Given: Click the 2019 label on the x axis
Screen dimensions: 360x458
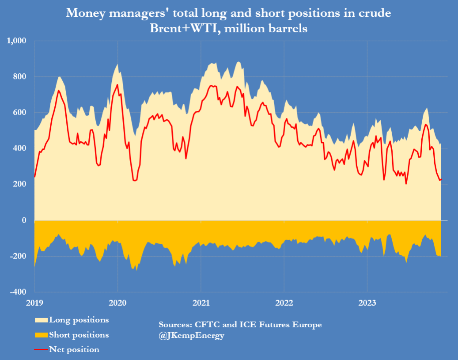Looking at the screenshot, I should pos(34,303).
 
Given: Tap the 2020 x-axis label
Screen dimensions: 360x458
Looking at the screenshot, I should pos(117,303).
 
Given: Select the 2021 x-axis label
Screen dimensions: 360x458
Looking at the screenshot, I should pos(201,303).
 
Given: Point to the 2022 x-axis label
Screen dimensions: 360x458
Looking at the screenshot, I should pos(284,303).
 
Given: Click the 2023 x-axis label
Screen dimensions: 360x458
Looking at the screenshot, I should pos(367,303).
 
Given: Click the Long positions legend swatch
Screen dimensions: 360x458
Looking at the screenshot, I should pos(41,320).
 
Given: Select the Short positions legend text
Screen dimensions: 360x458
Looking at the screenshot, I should pos(79,335).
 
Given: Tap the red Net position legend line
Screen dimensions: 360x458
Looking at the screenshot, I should pos(41,350).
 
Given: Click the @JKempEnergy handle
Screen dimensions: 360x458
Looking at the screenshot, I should pos(192,336).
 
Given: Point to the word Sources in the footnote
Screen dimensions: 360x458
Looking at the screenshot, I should pos(175,325).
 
